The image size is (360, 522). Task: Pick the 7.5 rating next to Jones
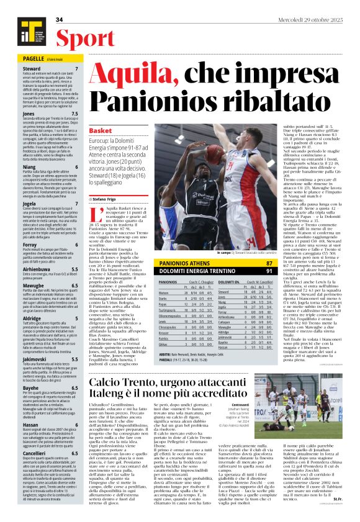74,115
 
